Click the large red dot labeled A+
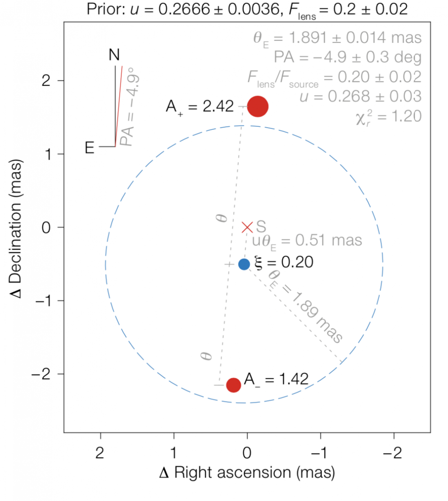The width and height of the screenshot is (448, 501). click(x=258, y=106)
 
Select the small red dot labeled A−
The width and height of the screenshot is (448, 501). click(x=233, y=385)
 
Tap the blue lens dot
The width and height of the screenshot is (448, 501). click(x=244, y=264)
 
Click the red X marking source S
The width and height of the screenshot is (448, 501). click(x=247, y=228)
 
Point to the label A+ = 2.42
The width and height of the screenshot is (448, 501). click(x=200, y=107)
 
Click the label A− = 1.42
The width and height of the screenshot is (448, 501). click(x=276, y=380)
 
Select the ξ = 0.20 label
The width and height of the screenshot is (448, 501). click(x=284, y=262)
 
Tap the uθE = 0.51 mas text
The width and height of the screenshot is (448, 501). click(x=307, y=241)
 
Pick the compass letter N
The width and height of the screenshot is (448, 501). click(x=114, y=55)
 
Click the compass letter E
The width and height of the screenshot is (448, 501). click(x=89, y=148)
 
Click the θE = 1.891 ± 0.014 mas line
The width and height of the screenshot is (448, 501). click(x=337, y=38)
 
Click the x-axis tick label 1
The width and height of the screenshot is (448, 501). click(x=174, y=453)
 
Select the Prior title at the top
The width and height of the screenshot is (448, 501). click(x=247, y=9)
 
